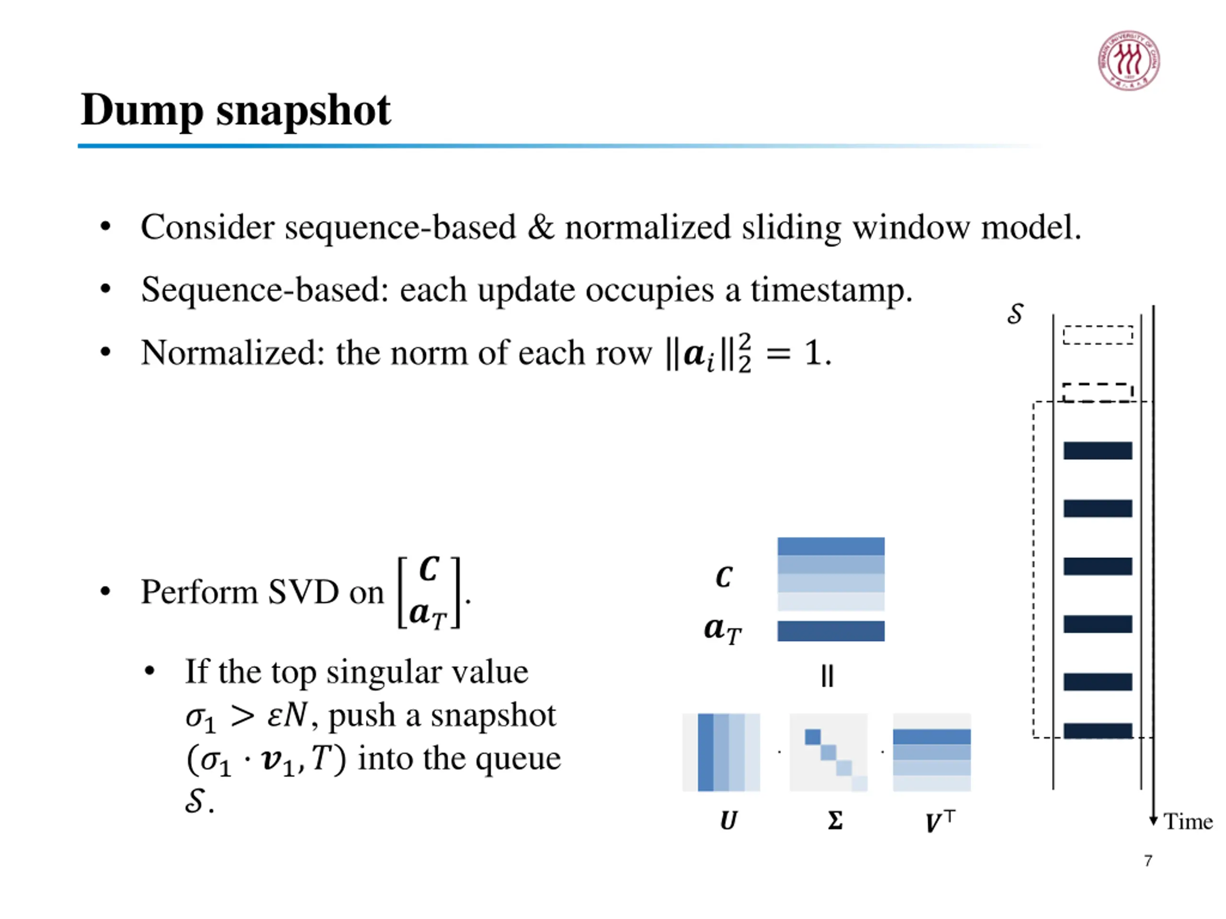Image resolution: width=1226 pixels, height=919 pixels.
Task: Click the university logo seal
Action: [x=1128, y=60]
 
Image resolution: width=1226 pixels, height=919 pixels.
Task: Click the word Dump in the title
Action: [x=141, y=111]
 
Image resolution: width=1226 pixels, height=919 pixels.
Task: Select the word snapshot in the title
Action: [x=303, y=111]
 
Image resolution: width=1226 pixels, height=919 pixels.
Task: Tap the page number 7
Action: [x=1148, y=860]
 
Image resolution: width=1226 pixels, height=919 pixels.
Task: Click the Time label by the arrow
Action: [x=1188, y=821]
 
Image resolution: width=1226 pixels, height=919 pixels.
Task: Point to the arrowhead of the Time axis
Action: [x=1153, y=820]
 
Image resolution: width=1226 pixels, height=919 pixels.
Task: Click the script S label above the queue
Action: [x=1015, y=314]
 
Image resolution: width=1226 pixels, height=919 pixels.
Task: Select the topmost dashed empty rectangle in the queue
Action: [x=1098, y=335]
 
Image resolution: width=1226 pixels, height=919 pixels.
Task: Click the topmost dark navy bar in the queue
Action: [x=1098, y=450]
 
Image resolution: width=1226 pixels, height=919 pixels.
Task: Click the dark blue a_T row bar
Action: [x=830, y=631]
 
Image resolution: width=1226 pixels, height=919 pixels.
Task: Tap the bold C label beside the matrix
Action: [x=724, y=577]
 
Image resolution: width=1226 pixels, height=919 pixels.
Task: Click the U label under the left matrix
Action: [x=728, y=820]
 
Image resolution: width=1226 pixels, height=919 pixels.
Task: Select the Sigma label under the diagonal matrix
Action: [x=835, y=820]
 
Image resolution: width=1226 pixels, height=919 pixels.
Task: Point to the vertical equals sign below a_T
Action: [x=827, y=676]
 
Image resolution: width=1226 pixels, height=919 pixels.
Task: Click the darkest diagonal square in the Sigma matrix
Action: [x=813, y=737]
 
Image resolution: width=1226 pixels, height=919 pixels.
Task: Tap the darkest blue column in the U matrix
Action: [x=705, y=751]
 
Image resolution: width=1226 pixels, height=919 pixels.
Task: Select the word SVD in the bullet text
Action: [x=303, y=592]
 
